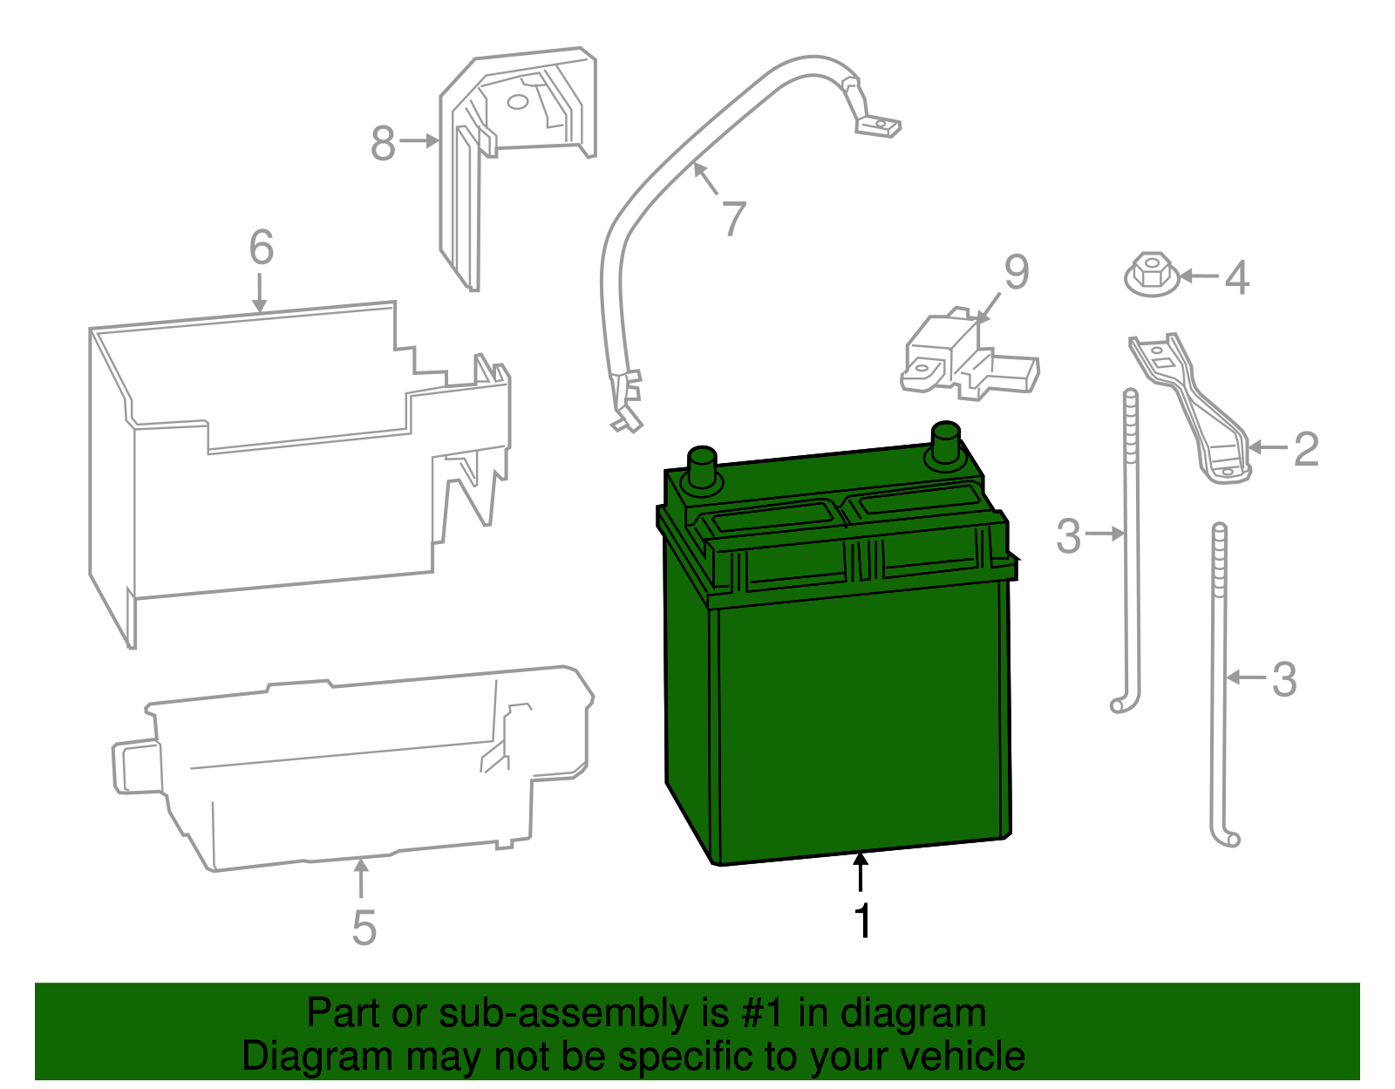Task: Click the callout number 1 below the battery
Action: pos(862,922)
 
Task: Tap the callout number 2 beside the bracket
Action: pos(1305,449)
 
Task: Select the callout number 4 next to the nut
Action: pos(1237,278)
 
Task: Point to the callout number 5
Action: pos(364,928)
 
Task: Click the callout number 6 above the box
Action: pos(262,248)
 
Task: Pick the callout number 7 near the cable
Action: pos(734,218)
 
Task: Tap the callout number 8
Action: pos(383,143)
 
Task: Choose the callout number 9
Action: pos(1017,272)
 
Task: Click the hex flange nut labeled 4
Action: pos(1153,275)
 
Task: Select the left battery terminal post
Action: pos(702,469)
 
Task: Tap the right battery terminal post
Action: pos(946,445)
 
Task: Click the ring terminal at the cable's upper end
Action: pos(878,127)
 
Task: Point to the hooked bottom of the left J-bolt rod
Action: pos(1122,703)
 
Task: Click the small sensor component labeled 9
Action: pos(963,356)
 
